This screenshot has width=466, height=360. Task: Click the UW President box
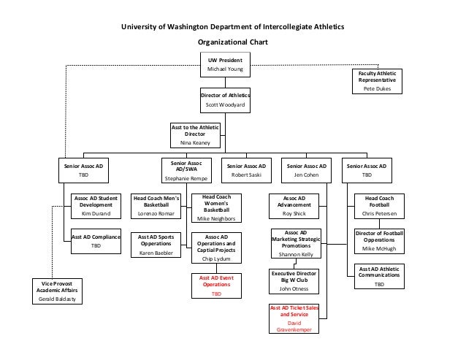pyautogui.click(x=225, y=64)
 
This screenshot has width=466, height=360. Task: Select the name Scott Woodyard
pyautogui.click(x=225, y=104)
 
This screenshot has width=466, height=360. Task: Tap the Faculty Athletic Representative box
pyautogui.click(x=377, y=81)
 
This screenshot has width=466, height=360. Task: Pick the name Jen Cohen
pyautogui.click(x=307, y=176)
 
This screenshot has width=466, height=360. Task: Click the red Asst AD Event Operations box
pyautogui.click(x=216, y=286)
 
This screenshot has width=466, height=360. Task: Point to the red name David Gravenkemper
pyautogui.click(x=295, y=326)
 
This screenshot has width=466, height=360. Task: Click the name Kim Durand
pyautogui.click(x=96, y=215)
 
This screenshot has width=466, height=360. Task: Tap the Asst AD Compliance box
pyautogui.click(x=96, y=241)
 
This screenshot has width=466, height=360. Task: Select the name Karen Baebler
pyautogui.click(x=156, y=253)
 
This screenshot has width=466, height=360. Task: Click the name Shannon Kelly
pyautogui.click(x=295, y=254)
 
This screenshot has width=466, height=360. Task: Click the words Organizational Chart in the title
pyautogui.click(x=234, y=42)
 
